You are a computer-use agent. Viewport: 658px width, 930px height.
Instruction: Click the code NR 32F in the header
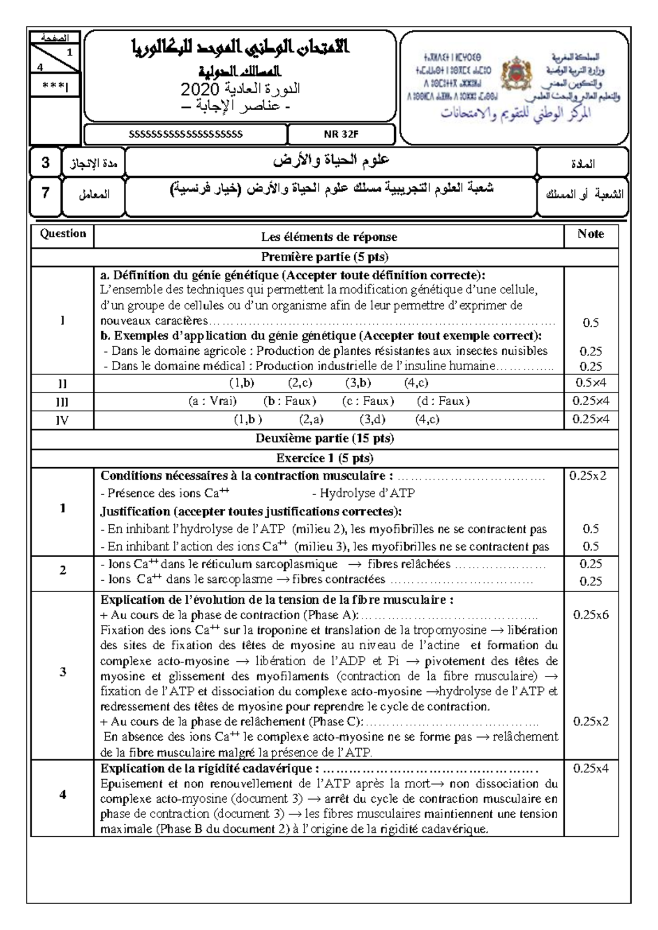pos(341,134)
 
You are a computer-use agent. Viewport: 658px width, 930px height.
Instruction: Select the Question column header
pos(63,234)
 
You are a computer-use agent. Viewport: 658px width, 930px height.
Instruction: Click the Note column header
pos(591,234)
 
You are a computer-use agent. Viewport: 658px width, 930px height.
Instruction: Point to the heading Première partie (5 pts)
pos(325,256)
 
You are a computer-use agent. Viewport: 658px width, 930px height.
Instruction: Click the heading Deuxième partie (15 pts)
pos(325,438)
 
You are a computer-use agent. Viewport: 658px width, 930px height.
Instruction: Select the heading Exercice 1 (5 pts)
pos(325,458)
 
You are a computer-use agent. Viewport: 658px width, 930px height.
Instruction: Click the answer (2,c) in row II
pos(300,383)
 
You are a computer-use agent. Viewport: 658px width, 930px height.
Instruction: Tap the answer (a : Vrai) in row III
pos(212,401)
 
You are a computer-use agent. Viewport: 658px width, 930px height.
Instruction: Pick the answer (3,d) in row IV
pos(372,419)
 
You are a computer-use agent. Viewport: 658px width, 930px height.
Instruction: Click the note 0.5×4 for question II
pos(591,383)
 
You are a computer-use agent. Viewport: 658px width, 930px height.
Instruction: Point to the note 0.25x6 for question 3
pos(591,615)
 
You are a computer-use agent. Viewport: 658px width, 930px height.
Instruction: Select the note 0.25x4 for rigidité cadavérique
pos(591,768)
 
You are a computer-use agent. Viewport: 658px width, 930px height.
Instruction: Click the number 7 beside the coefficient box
pos(46,194)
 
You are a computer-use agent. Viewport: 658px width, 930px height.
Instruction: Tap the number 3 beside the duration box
pos(46,163)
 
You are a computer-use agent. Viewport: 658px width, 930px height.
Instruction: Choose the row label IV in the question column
pos(62,420)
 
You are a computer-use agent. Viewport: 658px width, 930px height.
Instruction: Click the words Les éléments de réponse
pos(329,237)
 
